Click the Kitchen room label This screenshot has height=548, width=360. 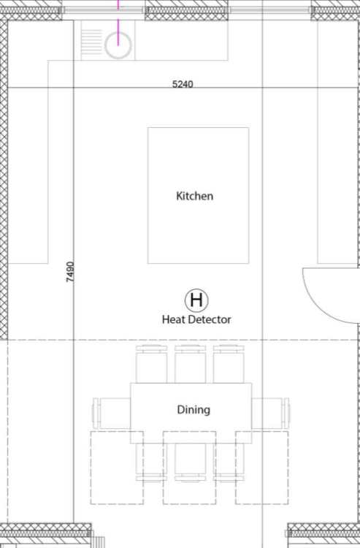point(194,196)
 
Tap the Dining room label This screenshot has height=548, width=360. point(194,410)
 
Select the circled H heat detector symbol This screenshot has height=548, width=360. point(196,300)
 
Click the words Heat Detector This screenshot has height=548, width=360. point(196,319)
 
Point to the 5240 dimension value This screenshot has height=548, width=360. point(183,84)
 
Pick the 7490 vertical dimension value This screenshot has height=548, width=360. point(70,272)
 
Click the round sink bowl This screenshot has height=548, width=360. point(118,45)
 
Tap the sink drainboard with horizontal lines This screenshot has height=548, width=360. point(91,40)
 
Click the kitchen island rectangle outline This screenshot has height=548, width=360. point(148,196)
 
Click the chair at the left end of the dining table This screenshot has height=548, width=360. point(112,413)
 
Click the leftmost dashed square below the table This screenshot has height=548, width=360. point(91,468)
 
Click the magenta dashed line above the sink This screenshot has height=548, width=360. point(118,23)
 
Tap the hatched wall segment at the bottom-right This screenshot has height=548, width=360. point(323,535)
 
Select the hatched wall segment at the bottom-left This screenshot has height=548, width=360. point(46,535)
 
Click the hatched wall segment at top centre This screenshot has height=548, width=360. point(186,10)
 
